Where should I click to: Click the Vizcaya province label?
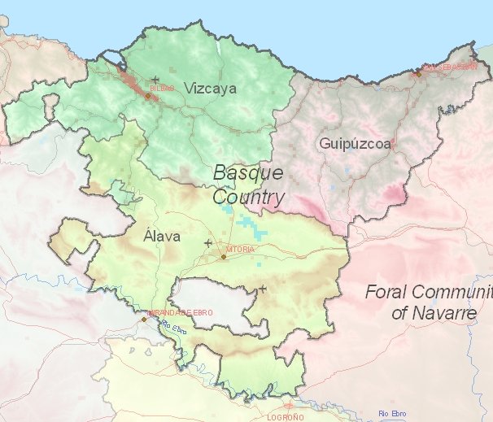pyautogui.click(x=210, y=89)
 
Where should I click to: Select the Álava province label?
pyautogui.click(x=161, y=237)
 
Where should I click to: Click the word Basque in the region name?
pyautogui.click(x=247, y=173)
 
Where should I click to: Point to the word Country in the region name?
pyautogui.click(x=249, y=197)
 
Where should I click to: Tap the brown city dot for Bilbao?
pyautogui.click(x=147, y=96)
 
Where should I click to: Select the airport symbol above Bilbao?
pyautogui.click(x=155, y=79)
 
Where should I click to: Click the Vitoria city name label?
pyautogui.click(x=240, y=248)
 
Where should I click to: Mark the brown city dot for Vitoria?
pyautogui.click(x=223, y=257)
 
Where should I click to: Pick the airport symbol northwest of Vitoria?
pyautogui.click(x=208, y=242)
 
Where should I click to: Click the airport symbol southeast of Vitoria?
pyautogui.click(x=262, y=289)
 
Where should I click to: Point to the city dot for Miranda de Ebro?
pyautogui.click(x=144, y=319)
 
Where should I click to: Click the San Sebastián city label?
pyautogui.click(x=450, y=67)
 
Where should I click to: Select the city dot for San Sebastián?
pyautogui.click(x=417, y=73)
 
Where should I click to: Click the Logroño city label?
pyautogui.click(x=286, y=416)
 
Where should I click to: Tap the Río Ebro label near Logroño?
pyautogui.click(x=391, y=414)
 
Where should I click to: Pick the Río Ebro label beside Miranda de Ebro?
pyautogui.click(x=174, y=327)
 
